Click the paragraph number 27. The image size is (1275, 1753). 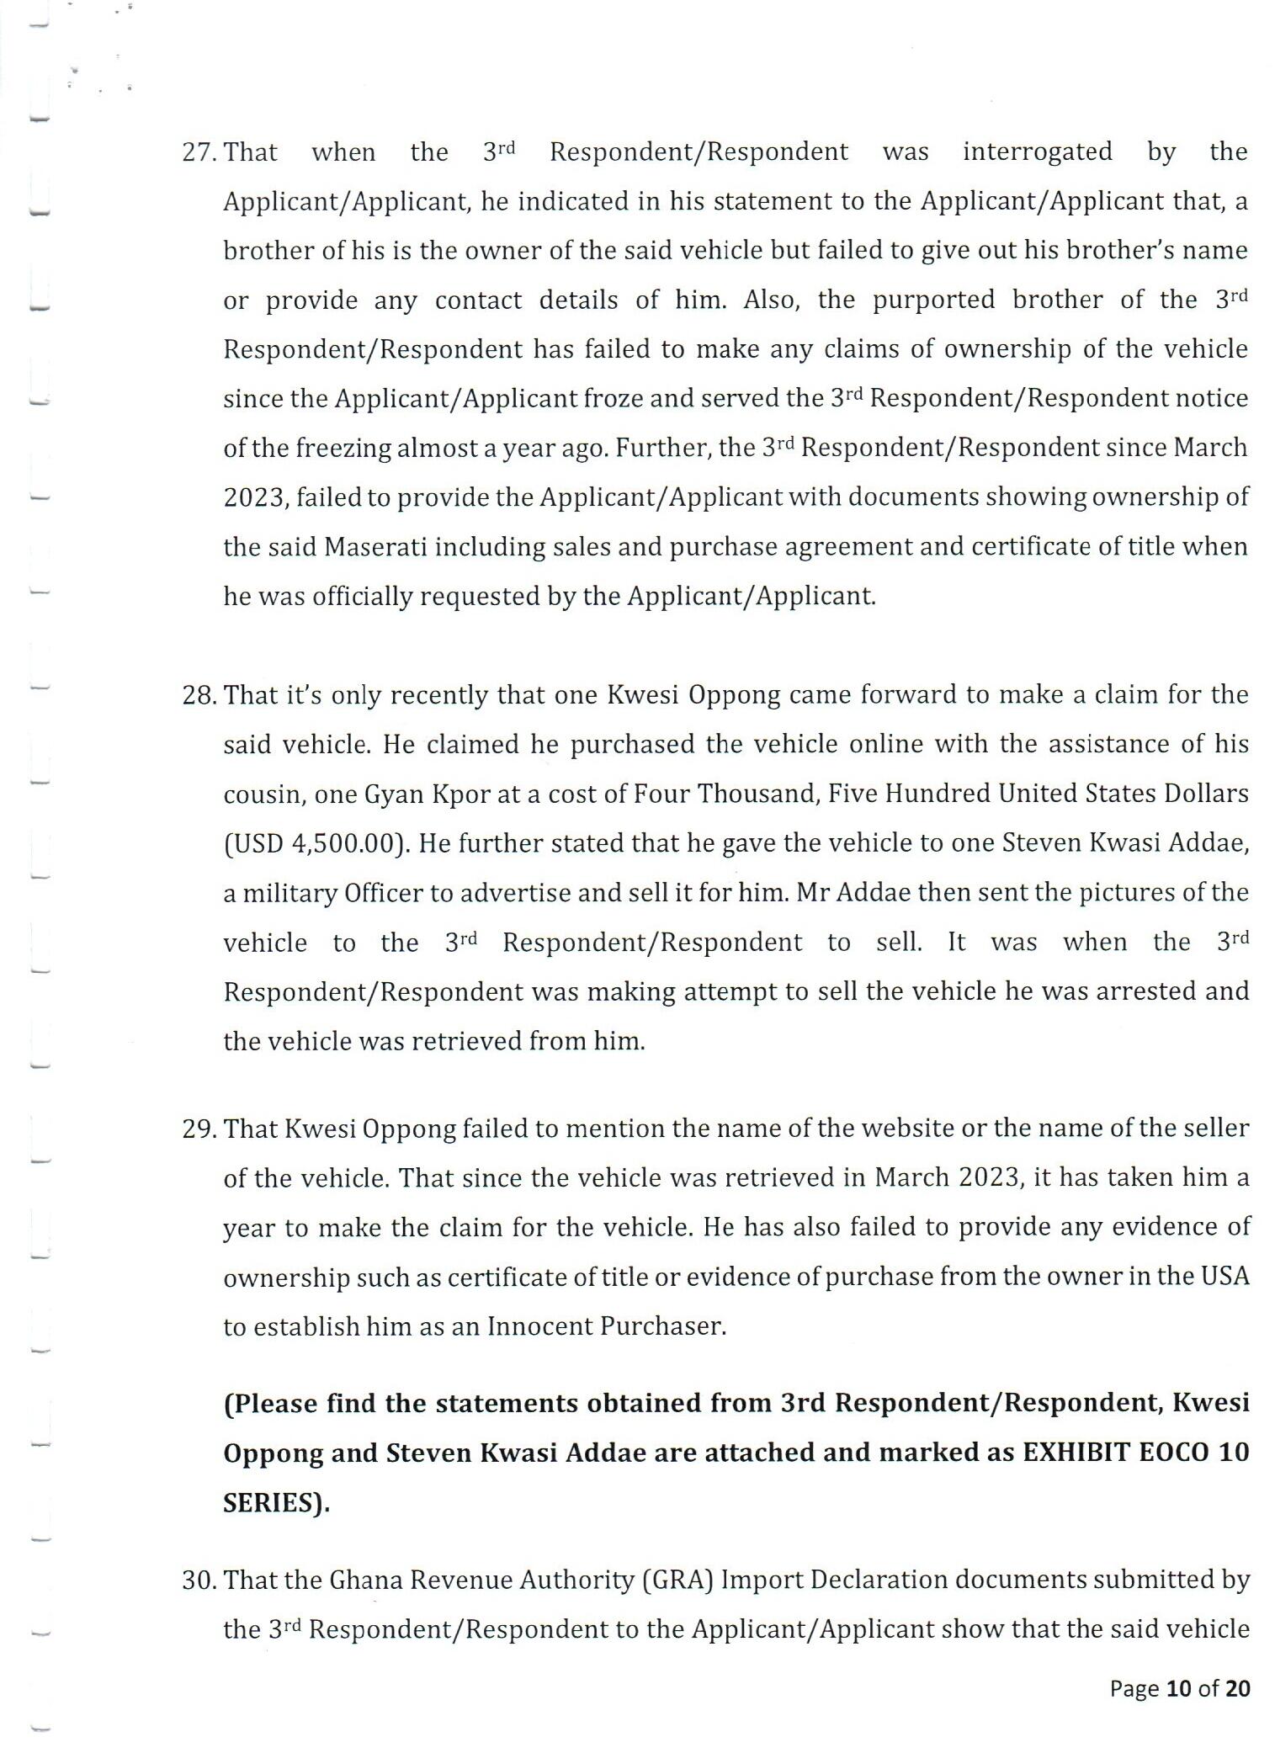tap(200, 152)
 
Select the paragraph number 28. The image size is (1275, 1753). tap(200, 695)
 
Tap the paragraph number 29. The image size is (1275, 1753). tap(200, 1129)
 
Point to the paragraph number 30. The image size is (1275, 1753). tap(200, 1580)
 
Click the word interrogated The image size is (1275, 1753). tap(1037, 152)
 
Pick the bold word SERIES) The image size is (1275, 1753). tap(276, 1503)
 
